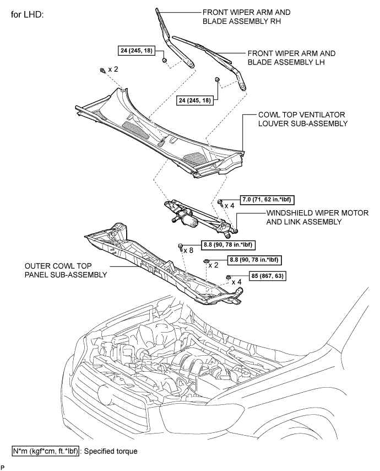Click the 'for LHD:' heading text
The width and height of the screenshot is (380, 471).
point(31,13)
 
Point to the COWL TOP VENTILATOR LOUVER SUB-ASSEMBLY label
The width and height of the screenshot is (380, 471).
point(302,119)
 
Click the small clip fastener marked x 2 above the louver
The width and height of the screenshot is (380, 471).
point(103,70)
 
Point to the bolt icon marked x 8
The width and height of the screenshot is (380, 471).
point(181,247)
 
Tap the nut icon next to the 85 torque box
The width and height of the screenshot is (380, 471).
point(228,277)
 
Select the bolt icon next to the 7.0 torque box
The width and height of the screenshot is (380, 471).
point(220,203)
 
